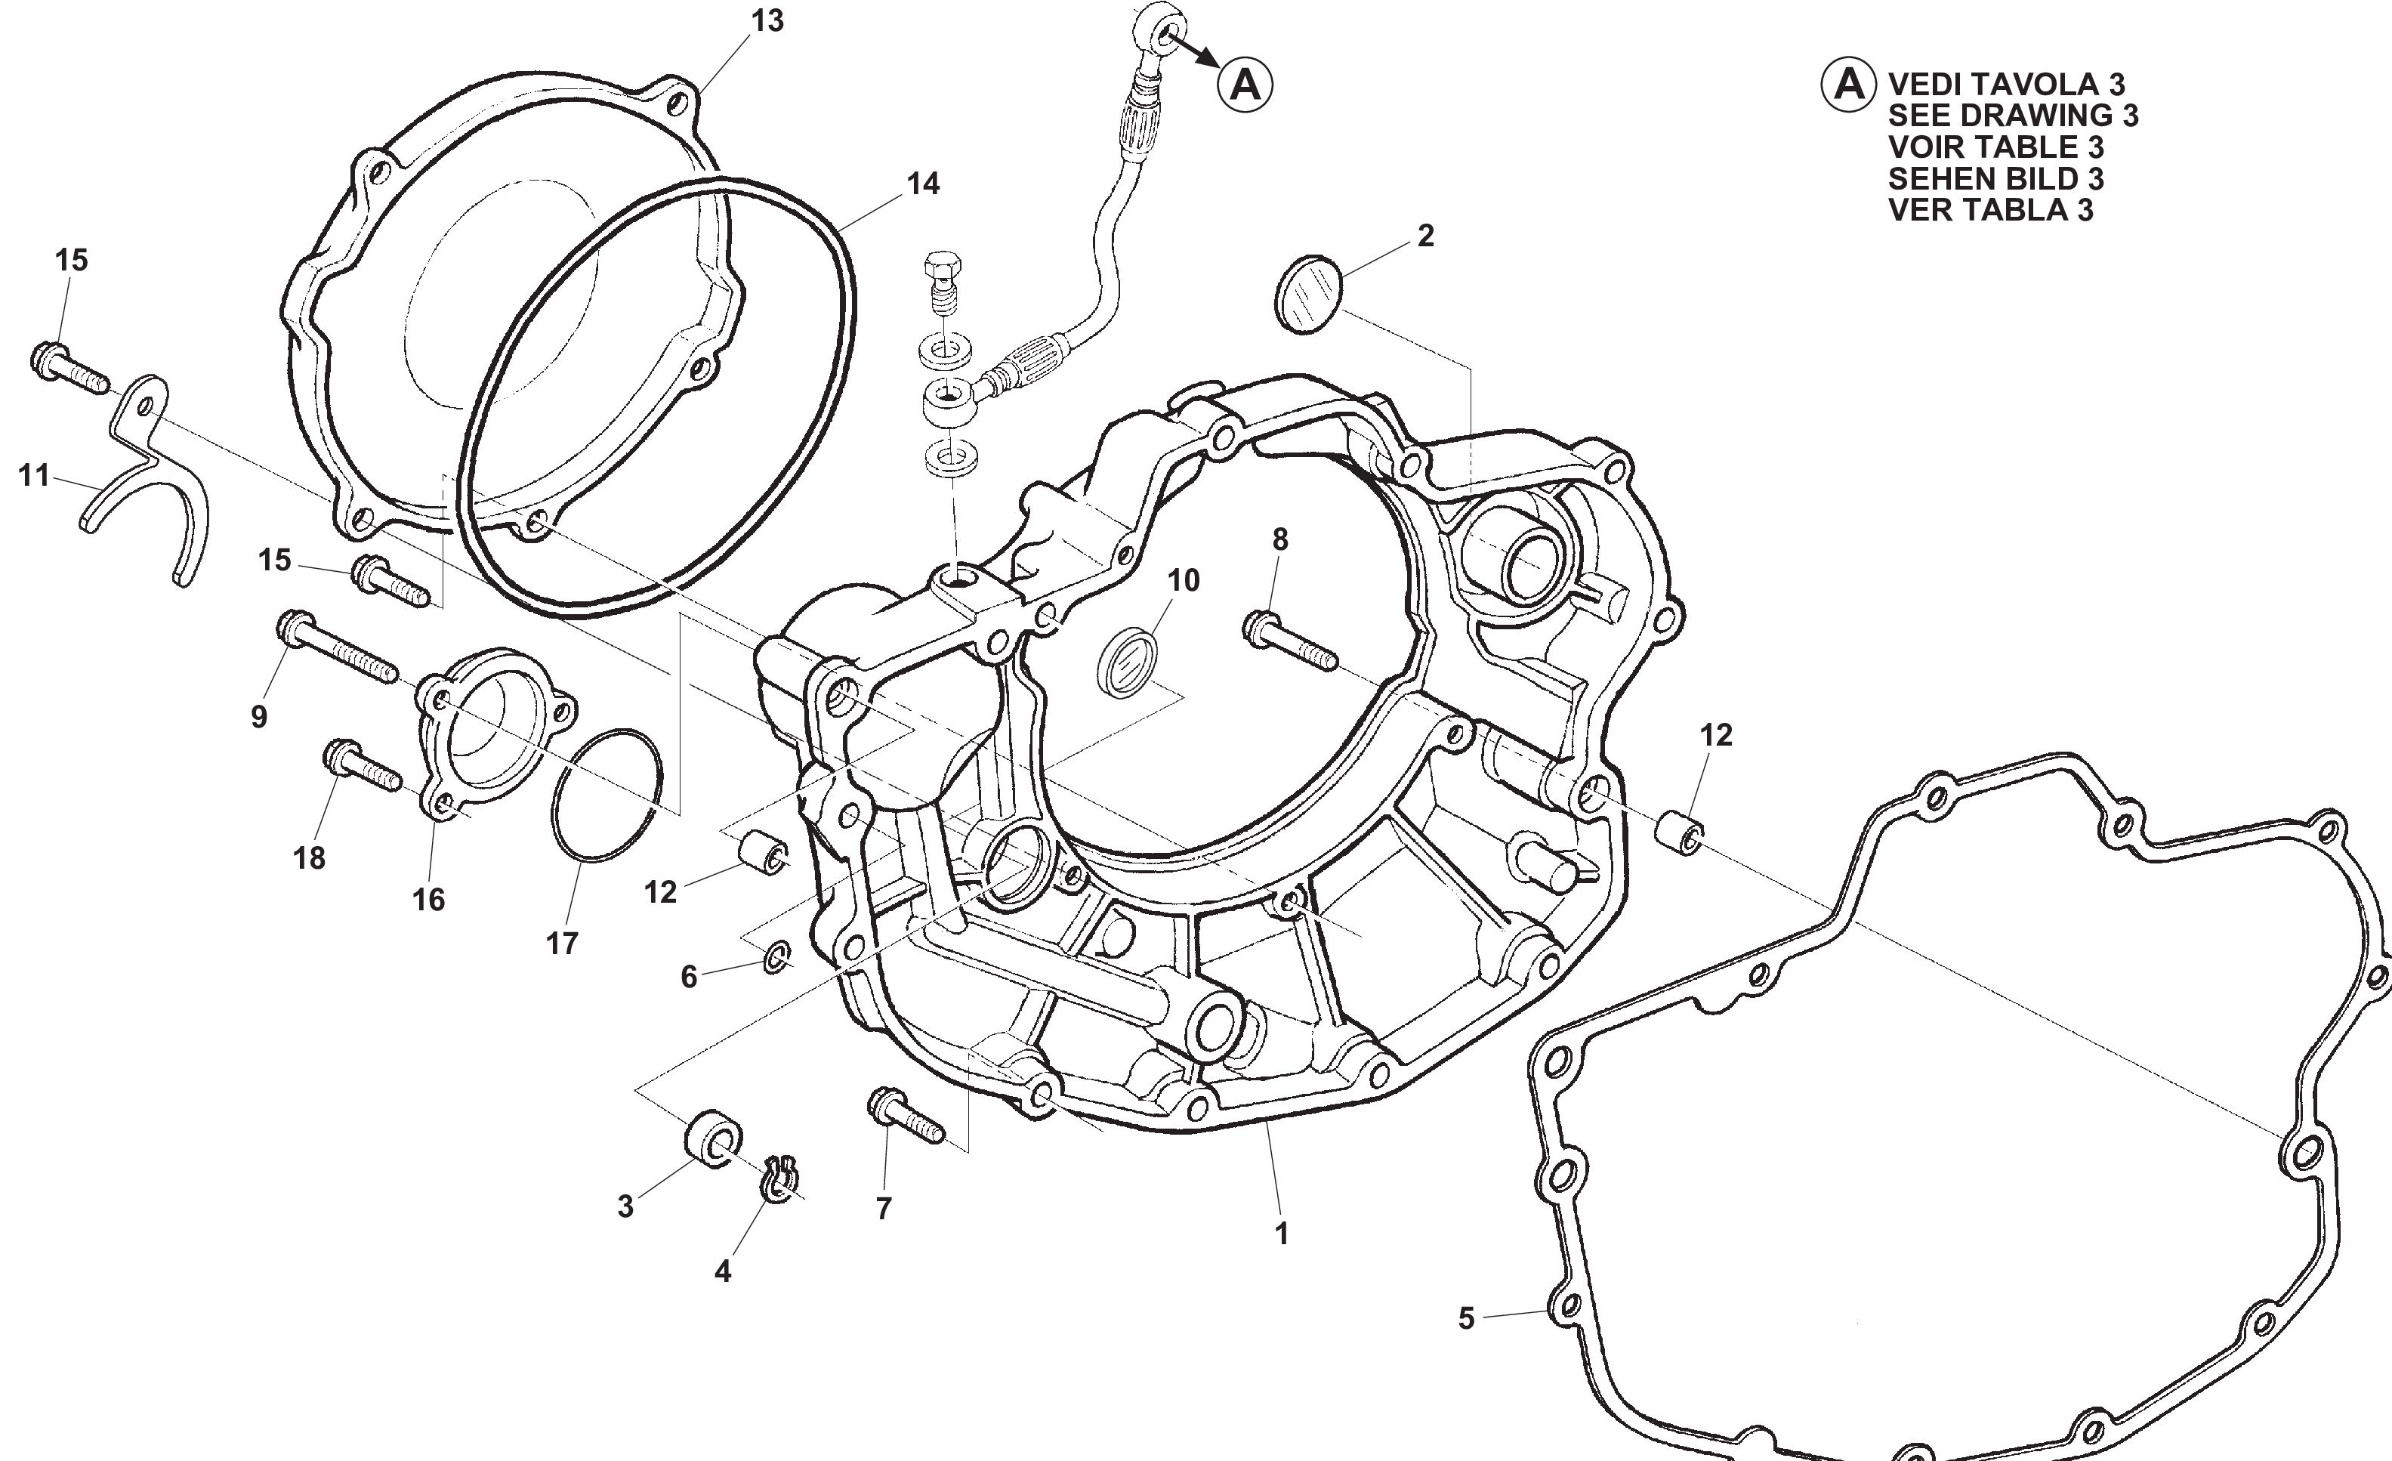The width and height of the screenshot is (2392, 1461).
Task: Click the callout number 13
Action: [767, 20]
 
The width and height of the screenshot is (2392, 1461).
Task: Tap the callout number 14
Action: [923, 184]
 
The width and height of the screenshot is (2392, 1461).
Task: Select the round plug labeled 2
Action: [1307, 295]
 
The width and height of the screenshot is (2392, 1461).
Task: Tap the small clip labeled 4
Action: [779, 1178]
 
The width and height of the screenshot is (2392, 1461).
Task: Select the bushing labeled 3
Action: [715, 1137]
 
